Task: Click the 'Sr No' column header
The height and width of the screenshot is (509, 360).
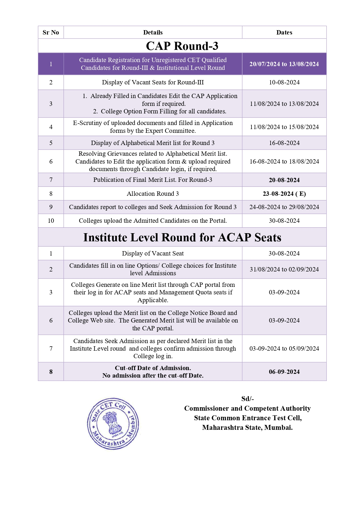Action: [x=51, y=32]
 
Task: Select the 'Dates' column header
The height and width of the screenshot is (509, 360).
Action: [x=284, y=32]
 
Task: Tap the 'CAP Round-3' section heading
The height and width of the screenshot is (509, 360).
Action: [x=182, y=46]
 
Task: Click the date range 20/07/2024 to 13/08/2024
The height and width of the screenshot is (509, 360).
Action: [x=284, y=64]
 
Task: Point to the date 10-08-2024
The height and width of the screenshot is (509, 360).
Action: [x=284, y=82]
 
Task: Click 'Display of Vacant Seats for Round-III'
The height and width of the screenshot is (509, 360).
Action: [x=153, y=82]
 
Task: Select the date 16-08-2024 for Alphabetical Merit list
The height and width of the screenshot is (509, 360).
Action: [x=284, y=143]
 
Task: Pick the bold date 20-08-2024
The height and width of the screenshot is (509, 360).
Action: [x=284, y=180]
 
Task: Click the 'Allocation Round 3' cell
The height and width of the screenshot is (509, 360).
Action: [x=153, y=194]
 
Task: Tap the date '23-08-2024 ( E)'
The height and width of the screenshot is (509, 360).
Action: [x=284, y=194]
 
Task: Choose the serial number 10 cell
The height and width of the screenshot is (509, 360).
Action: [x=51, y=221]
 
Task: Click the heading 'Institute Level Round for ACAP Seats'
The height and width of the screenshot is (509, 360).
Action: [x=182, y=237]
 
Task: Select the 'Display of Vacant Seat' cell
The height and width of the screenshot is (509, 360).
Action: [x=153, y=253]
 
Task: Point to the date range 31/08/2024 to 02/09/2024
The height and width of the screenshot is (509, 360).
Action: [x=284, y=269]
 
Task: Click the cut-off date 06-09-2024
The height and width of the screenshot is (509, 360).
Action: [x=284, y=372]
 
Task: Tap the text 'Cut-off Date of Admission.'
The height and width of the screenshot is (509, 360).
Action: [x=153, y=368]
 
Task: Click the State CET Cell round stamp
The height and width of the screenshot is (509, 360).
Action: [x=113, y=424]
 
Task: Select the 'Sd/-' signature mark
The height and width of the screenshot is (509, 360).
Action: [x=247, y=399]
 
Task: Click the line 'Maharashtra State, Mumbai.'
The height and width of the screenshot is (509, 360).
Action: [x=247, y=428]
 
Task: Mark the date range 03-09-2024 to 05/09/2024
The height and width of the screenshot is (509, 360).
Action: [x=284, y=349]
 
